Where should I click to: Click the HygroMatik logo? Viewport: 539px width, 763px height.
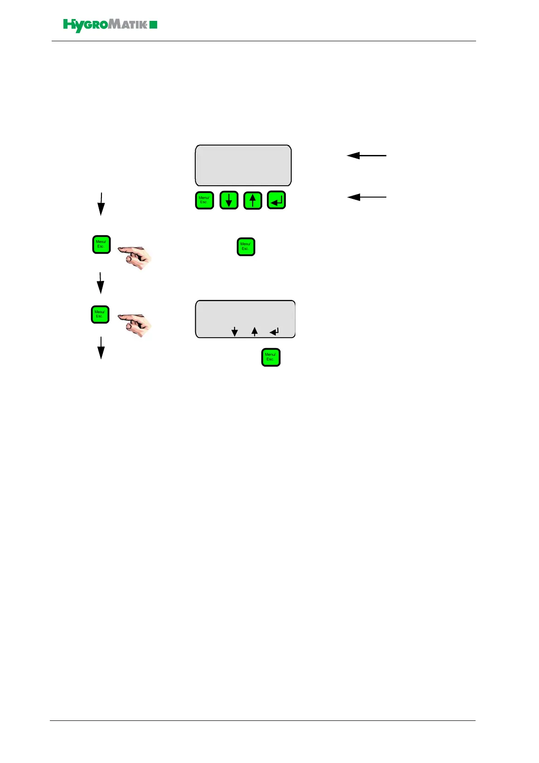coord(110,25)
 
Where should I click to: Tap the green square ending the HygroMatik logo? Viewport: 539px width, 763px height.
coord(154,24)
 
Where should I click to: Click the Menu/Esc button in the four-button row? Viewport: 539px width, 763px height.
coord(204,200)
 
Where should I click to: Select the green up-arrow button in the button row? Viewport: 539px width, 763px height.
coord(253,200)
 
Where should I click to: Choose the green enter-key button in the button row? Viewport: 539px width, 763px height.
coord(276,200)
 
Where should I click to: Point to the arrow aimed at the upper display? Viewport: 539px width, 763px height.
coord(366,155)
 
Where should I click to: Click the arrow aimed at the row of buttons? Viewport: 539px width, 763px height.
coord(366,197)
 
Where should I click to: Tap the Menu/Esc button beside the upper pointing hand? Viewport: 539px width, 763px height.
coord(101,244)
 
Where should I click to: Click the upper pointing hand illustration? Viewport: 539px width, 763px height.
coord(135,257)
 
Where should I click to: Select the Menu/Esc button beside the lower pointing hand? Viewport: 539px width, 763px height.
coord(100,314)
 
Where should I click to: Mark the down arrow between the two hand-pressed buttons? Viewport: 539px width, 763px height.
coord(101,283)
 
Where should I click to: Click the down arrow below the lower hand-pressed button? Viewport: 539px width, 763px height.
coord(101,348)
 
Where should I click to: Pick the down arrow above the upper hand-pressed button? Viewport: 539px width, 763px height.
coord(101,204)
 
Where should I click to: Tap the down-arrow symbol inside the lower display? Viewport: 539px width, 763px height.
coord(235,332)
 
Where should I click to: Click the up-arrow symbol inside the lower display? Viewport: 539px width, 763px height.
coord(255,332)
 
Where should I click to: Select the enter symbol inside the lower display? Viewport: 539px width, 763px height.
coord(274,332)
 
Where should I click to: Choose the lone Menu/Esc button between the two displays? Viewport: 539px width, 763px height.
coord(246,247)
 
